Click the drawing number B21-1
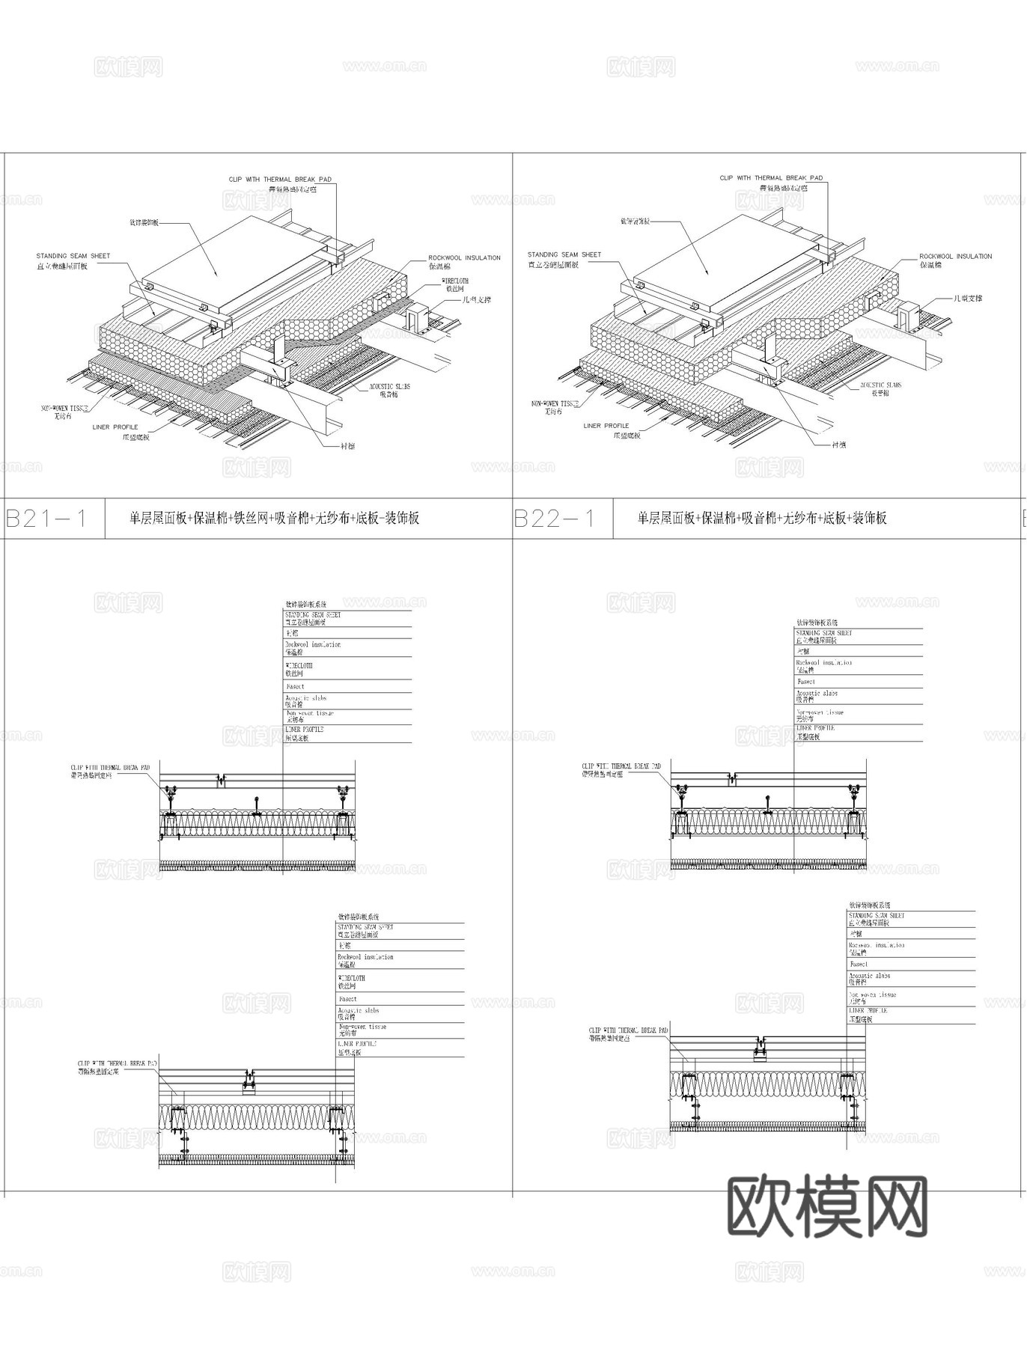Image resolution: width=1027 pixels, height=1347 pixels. [46, 519]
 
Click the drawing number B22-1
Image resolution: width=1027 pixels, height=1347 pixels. [555, 519]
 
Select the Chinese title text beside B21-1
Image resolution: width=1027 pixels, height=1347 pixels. [274, 518]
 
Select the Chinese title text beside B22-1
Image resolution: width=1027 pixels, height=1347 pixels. [762, 518]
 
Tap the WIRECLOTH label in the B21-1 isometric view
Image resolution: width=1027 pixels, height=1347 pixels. [455, 281]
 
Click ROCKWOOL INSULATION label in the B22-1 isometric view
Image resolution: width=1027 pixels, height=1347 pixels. [955, 257]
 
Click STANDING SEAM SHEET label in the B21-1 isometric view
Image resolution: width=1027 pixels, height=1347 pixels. [73, 256]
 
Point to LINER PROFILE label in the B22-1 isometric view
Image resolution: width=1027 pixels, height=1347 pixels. [606, 426]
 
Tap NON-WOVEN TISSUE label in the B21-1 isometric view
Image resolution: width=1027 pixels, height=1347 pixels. [64, 408]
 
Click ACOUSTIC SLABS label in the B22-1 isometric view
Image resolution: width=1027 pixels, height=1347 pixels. [881, 385]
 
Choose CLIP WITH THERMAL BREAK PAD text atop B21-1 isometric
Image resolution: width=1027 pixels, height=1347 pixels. [280, 180]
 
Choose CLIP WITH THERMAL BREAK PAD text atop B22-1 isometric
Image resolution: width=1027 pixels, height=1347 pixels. [771, 178]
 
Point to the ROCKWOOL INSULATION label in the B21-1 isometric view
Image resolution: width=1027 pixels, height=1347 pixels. [464, 257]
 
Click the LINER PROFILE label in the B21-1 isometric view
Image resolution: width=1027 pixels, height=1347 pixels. [115, 427]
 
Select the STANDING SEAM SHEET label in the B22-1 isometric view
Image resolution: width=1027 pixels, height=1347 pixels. [564, 254]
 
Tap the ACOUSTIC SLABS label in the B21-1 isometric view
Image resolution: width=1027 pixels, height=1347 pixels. [389, 387]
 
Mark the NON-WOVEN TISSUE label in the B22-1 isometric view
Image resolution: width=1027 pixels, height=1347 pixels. [555, 403]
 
